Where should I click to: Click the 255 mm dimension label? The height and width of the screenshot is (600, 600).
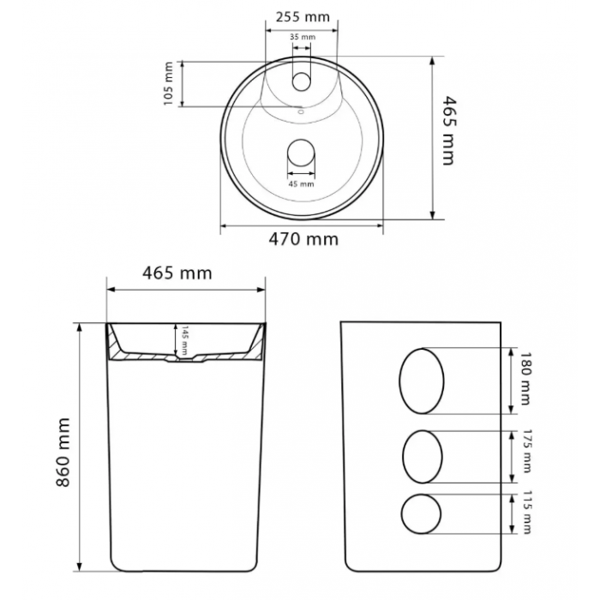tap(303, 17)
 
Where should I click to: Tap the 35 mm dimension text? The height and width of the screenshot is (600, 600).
tap(303, 37)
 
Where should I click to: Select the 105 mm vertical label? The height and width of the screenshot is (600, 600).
tap(168, 84)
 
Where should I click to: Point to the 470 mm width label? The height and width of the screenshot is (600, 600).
tap(303, 239)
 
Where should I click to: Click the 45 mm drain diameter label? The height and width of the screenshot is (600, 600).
tap(301, 184)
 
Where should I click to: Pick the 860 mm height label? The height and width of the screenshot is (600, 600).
tap(63, 453)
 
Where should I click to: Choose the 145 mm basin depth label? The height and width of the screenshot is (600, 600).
tap(184, 340)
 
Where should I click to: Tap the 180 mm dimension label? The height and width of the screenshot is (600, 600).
tap(525, 379)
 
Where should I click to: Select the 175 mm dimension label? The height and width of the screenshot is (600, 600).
tap(527, 452)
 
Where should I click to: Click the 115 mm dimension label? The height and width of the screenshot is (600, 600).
tap(527, 512)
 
